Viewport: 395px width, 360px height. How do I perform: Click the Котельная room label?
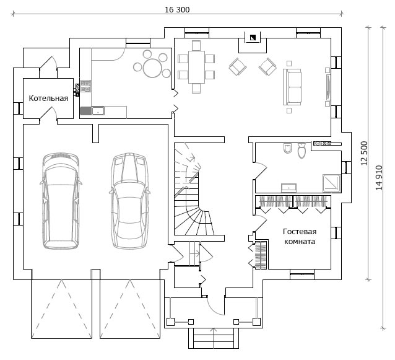(x=48, y=99)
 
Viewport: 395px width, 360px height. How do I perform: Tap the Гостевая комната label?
(x=300, y=237)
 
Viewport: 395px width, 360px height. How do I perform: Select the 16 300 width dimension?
(x=177, y=9)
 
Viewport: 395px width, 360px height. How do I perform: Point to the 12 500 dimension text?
(x=364, y=153)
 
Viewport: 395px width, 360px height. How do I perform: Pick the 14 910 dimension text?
(x=379, y=177)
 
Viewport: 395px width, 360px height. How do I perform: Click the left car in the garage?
(x=61, y=201)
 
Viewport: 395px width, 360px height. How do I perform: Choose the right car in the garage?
(x=130, y=200)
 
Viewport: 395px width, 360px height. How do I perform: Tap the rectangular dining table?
(x=197, y=67)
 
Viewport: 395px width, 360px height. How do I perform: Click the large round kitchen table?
(x=152, y=68)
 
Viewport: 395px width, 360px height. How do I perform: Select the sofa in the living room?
(x=292, y=87)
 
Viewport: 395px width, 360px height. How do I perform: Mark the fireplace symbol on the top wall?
(x=253, y=38)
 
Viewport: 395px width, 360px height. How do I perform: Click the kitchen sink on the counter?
(x=98, y=111)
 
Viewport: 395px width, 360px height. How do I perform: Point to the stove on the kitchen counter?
(x=85, y=86)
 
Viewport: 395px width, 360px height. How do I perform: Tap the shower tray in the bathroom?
(x=331, y=183)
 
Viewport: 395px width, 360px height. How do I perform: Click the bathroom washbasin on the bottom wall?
(x=289, y=188)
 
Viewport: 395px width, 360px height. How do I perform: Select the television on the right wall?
(x=328, y=87)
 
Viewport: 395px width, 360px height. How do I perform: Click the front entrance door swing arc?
(x=214, y=309)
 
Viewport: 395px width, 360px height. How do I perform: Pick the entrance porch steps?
(x=214, y=338)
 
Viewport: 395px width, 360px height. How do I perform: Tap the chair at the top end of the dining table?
(x=196, y=46)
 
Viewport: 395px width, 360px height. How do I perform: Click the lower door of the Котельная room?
(x=48, y=113)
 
